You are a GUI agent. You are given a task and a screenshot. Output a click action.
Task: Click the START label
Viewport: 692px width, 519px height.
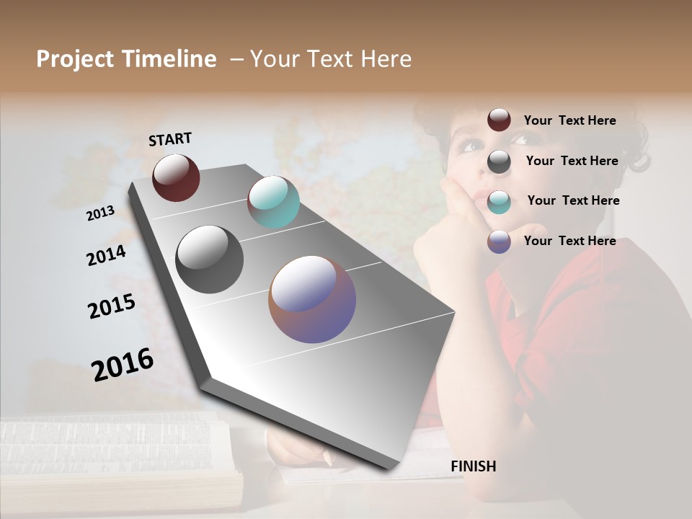170,139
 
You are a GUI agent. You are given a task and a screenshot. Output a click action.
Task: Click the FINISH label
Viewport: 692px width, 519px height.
473,466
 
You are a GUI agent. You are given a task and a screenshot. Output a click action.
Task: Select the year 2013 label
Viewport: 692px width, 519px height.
101,213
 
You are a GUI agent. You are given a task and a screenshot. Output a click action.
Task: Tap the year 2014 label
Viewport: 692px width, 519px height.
106,255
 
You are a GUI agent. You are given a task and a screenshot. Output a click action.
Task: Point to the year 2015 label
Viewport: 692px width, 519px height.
112,306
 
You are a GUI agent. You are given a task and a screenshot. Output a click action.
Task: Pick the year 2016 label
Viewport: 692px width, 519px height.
123,365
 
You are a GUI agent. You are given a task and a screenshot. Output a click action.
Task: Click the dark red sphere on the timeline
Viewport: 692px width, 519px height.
176,177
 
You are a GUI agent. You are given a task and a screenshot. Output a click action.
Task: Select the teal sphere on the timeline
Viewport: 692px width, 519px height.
273,202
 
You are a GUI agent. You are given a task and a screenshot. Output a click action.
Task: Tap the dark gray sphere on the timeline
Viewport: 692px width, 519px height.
210,259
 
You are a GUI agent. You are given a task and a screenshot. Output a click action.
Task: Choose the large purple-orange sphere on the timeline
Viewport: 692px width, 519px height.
312,299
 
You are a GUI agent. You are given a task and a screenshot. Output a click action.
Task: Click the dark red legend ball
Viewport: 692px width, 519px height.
499,120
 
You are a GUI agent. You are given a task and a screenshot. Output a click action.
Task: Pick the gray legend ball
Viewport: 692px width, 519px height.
499,161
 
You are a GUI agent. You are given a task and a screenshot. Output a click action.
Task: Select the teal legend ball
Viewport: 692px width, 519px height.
499,202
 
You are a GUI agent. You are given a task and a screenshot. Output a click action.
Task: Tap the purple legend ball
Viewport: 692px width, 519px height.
499,241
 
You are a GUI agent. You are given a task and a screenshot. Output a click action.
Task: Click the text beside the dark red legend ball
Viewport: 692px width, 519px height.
569,120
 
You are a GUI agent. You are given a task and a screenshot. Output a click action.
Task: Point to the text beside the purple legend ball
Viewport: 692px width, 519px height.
569,241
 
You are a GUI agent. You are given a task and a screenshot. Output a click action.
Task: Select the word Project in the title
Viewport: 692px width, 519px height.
75,59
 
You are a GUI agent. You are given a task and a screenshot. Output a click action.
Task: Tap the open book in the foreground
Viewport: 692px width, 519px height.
123,461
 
